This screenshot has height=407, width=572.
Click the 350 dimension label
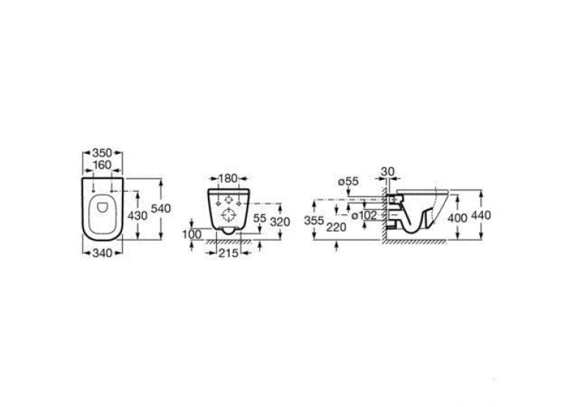tap(102, 152)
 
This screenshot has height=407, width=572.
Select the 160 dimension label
tap(102, 165)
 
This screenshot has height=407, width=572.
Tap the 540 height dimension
tap(161, 209)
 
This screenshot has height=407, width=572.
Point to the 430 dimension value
tap(138, 216)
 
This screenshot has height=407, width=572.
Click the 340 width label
tap(102, 253)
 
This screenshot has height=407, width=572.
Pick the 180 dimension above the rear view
tap(228, 178)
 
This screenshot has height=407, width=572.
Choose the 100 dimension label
tap(192, 234)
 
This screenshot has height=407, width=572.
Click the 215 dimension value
tap(228, 253)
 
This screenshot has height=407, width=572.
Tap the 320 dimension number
tap(280, 222)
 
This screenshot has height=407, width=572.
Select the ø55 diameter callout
tap(348, 181)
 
